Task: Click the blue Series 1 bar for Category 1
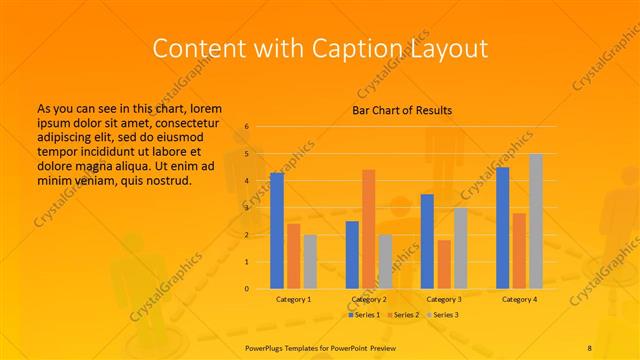point(277,231)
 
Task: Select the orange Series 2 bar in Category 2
point(369,229)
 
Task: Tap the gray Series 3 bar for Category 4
point(536,221)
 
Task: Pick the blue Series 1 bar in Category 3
point(427,241)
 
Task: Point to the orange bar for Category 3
point(444,264)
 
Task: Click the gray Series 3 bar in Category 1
point(310,262)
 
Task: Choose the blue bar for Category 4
point(503,228)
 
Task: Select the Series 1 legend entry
point(363,315)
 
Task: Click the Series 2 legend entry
point(403,315)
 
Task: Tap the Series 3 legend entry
point(443,315)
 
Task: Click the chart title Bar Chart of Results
point(402,110)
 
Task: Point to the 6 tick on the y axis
point(246,127)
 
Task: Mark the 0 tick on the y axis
point(246,289)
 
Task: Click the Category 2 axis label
point(369,299)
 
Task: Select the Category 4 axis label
point(519,299)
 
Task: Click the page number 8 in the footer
point(590,346)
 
